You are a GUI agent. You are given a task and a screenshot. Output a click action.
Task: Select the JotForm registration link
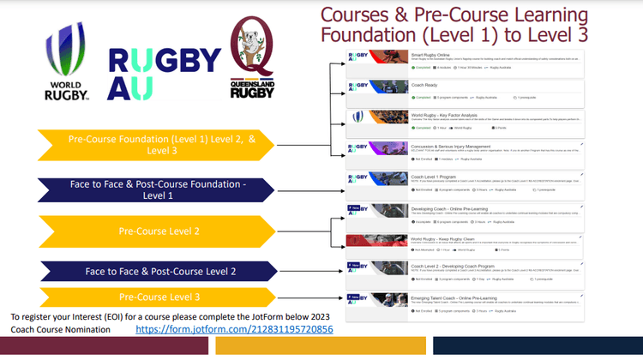coord(233,329)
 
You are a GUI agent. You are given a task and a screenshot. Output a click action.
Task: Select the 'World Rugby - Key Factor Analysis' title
coord(421,113)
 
